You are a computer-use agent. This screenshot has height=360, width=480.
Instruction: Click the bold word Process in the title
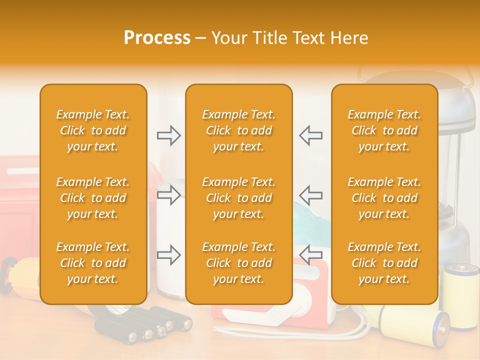coord(157,38)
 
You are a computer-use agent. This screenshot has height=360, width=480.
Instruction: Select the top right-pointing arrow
coord(169,135)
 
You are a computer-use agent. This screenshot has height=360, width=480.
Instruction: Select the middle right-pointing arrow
coord(169,195)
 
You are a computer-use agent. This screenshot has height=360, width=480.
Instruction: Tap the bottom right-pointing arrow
coord(169,255)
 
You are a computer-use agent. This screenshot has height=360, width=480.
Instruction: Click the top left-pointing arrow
coord(310,135)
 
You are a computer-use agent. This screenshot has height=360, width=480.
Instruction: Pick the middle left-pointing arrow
coord(310,195)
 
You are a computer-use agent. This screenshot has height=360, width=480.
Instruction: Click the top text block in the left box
coord(93,130)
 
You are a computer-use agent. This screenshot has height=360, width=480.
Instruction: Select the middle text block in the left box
coord(93,198)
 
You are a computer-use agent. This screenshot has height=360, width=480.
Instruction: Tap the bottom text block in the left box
coord(93,263)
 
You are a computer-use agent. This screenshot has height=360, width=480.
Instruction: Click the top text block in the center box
coord(239,130)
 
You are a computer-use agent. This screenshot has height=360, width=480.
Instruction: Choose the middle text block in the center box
coord(239,198)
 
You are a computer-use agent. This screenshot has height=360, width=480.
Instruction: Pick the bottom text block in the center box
coord(239,263)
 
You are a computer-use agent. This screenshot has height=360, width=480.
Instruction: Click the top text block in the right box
coord(384,130)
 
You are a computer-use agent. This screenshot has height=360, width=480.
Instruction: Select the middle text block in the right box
coord(384,198)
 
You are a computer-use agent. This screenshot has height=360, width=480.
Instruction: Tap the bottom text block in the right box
coord(384,263)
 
